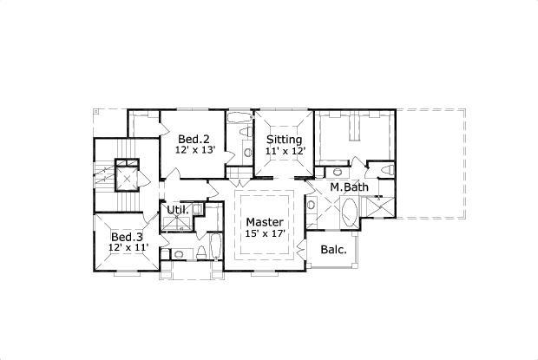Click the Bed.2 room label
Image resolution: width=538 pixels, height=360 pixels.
[194, 139]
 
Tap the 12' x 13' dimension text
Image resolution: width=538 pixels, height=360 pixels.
[194, 150]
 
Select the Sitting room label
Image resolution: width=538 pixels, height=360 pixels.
[284, 139]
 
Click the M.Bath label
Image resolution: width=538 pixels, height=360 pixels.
[349, 187]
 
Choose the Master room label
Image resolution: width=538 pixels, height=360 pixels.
[264, 222]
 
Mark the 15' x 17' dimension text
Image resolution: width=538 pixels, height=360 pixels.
[264, 233]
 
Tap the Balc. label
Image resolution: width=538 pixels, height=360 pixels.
[334, 250]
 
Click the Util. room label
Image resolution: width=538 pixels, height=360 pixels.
[177, 210]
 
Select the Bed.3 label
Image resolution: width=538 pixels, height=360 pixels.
[127, 237]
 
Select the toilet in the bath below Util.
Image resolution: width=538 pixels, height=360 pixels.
[201, 252]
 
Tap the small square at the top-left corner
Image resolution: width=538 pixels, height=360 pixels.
[97, 111]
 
